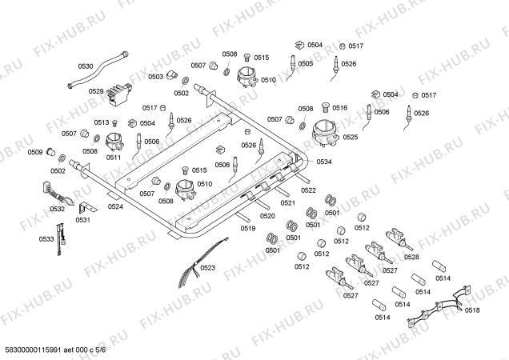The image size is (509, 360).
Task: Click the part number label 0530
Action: point(86,66)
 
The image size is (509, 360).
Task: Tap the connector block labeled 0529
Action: point(118,94)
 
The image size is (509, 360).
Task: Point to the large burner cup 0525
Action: point(325,133)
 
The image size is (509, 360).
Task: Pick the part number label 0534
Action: point(324,162)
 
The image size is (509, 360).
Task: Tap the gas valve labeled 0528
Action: point(399,239)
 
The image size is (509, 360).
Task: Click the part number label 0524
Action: point(115,206)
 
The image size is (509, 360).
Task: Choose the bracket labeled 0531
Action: point(86,208)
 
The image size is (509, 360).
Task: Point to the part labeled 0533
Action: point(61,239)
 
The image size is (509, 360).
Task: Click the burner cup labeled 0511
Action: point(114,142)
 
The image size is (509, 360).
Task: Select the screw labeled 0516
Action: point(326,107)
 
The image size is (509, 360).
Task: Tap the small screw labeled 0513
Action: point(114,123)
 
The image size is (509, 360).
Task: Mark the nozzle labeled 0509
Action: point(50,151)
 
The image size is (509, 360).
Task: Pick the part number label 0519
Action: point(248,228)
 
